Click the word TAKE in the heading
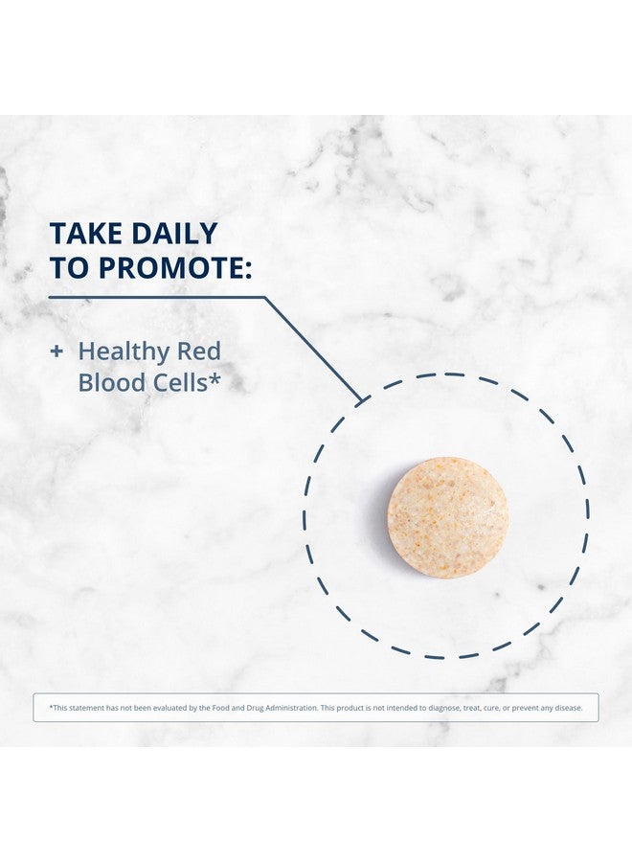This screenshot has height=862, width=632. [85, 234]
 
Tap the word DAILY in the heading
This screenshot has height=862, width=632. [173, 234]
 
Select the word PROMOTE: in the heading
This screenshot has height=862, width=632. [175, 268]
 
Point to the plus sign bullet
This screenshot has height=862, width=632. [56, 352]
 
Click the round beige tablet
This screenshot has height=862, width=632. [447, 518]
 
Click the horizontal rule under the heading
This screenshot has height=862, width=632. [157, 298]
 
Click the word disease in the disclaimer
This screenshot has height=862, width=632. [568, 708]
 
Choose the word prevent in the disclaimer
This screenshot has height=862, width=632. [525, 708]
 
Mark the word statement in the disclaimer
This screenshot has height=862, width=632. [86, 708]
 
